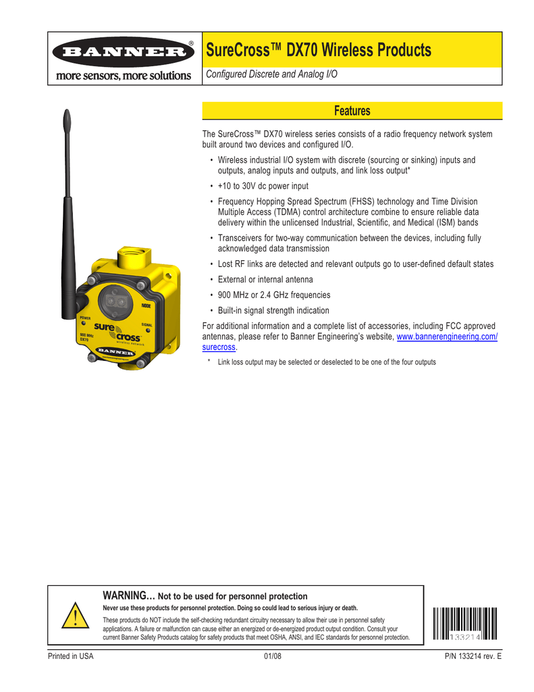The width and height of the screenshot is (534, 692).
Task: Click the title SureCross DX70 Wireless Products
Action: tap(318, 50)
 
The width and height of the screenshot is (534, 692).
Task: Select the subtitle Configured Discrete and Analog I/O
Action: tap(271, 74)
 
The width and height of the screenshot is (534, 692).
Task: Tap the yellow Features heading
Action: tap(352, 111)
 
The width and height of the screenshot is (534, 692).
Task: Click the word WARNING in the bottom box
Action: tap(128, 595)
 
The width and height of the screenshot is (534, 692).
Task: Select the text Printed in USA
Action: tap(70, 657)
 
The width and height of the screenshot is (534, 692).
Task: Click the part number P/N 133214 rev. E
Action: tap(464, 657)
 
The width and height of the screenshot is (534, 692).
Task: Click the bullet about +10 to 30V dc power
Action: tap(263, 186)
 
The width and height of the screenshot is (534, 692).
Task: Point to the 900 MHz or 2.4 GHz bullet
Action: tap(274, 295)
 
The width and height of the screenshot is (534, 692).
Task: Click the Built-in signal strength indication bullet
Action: tap(273, 310)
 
